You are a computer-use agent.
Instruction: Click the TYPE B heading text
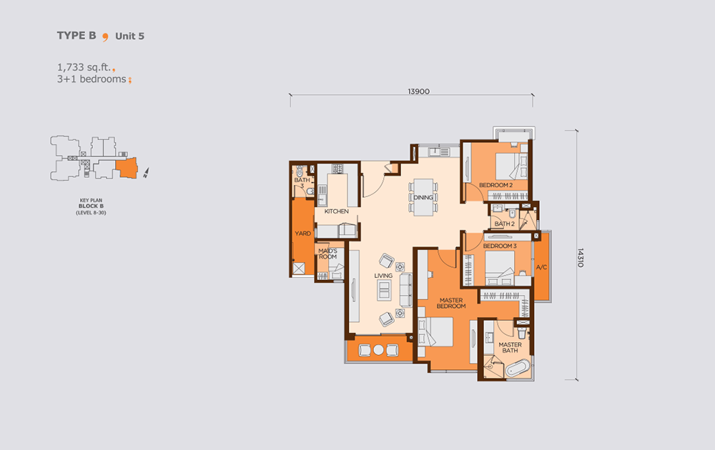coord(77,36)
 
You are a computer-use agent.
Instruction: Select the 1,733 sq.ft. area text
coord(84,67)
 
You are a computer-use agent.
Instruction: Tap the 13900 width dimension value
coord(418,91)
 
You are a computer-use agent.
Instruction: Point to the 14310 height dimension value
coord(581,258)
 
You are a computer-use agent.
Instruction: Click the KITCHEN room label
coord(337,211)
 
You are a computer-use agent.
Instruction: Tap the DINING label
coord(423,197)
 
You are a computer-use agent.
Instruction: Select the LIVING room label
coord(383,276)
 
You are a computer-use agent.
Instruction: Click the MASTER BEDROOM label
coord(451,303)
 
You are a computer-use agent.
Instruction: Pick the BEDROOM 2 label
coord(495,185)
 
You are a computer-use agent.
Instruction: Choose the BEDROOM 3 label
coord(500,246)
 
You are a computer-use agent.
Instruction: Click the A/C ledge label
coord(541,267)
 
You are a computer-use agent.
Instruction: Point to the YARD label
coord(302,233)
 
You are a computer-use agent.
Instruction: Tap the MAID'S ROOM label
coord(327,254)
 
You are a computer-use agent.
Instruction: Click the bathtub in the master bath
coord(518,368)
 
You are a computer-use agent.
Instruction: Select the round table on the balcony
coord(378,350)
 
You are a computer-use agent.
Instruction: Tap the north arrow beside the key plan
coord(146,173)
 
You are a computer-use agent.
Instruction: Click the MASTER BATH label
coord(510,348)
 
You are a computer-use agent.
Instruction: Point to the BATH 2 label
coord(504,224)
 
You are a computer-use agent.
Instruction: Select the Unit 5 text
coord(129,36)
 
